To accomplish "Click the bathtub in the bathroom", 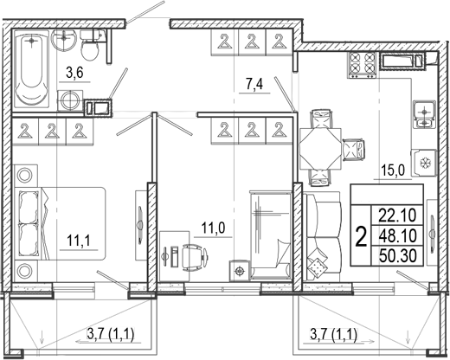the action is point(32,68).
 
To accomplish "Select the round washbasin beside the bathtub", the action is point(64,41).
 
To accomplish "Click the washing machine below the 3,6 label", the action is point(70,100).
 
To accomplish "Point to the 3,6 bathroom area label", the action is point(74,74).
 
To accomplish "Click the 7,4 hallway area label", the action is point(254,85).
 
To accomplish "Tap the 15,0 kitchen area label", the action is point(393,170).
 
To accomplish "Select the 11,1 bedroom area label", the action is point(79,241).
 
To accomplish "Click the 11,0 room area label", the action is point(213,228).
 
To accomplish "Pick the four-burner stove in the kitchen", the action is point(362,65).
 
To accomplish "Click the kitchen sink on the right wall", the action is point(424,114).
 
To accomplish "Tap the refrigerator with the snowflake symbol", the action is point(424,163).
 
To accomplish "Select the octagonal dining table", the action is point(320,149).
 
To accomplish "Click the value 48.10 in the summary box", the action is point(398,235).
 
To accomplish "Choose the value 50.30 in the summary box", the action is point(398,256).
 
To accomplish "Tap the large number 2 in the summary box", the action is point(361,236).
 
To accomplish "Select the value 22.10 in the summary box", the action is point(398,215).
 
